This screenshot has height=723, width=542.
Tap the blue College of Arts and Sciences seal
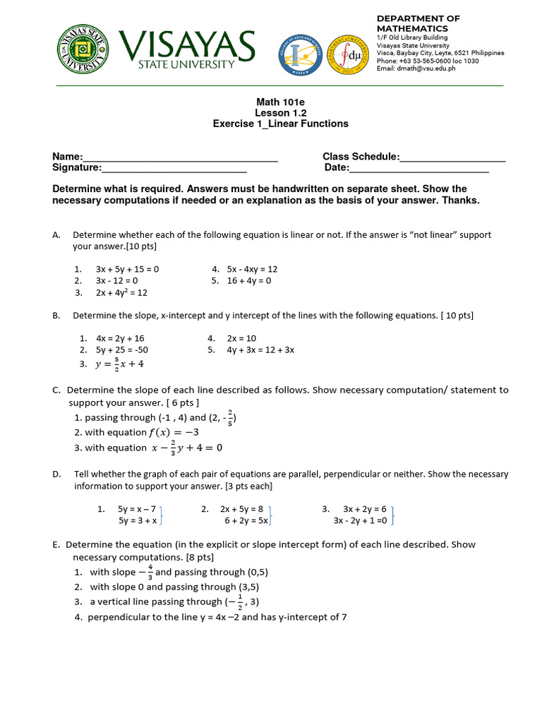point(301,54)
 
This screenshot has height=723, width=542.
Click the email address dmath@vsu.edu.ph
point(416,68)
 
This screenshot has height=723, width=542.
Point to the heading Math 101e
point(280,102)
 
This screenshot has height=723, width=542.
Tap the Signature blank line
point(174,168)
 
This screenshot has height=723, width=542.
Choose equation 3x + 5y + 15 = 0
point(128,269)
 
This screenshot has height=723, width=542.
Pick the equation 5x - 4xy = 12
point(252,269)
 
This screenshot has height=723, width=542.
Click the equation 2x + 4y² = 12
point(121,292)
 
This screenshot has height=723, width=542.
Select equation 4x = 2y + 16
point(120,338)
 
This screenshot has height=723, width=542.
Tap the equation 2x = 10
point(241,338)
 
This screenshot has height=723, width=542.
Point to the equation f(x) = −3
point(174,432)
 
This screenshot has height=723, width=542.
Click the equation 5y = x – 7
point(137,508)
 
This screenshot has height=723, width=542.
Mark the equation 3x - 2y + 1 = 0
point(361,520)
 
